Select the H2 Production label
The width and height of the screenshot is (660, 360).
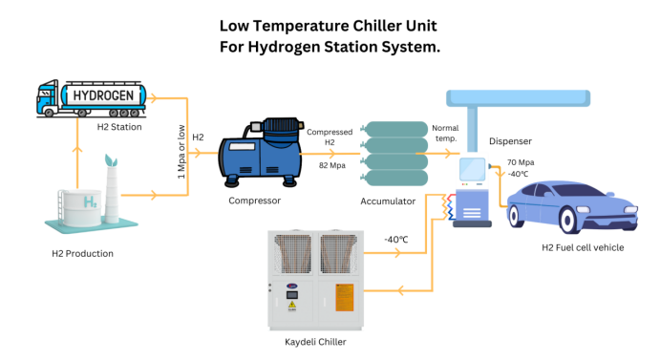pyautogui.click(x=82, y=254)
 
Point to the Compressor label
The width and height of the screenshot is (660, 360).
pyautogui.click(x=254, y=201)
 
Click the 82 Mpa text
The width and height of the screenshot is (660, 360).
pyautogui.click(x=331, y=164)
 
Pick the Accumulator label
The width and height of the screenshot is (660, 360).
pyautogui.click(x=390, y=201)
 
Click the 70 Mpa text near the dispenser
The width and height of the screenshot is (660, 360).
pyautogui.click(x=521, y=163)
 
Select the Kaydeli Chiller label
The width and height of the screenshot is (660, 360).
pyautogui.click(x=314, y=341)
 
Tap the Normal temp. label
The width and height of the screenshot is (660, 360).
pyautogui.click(x=445, y=133)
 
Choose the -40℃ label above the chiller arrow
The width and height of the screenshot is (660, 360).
pyautogui.click(x=397, y=239)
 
